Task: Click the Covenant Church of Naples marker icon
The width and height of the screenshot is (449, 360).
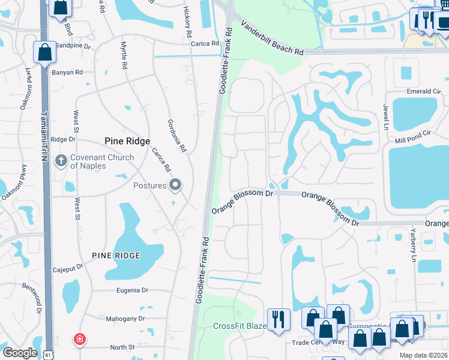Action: pyautogui.click(x=61, y=160)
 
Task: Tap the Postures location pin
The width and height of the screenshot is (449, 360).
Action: pyautogui.click(x=175, y=185)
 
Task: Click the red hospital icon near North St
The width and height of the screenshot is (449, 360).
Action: pyautogui.click(x=79, y=340)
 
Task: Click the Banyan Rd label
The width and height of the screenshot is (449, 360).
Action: pyautogui.click(x=67, y=73)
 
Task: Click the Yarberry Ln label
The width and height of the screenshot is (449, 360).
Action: pyautogui.click(x=413, y=247)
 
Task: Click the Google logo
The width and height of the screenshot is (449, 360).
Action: pyautogui.click(x=20, y=353)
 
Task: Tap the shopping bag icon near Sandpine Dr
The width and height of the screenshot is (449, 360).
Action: pyautogui.click(x=45, y=52)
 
